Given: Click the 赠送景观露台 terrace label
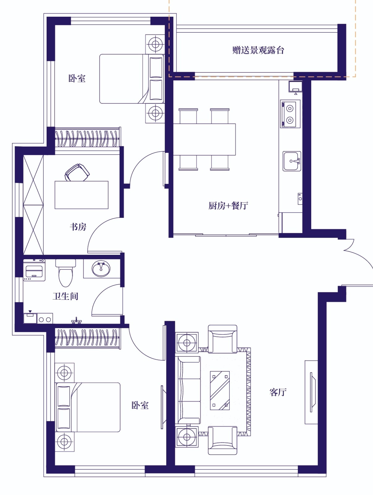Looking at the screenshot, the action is pyautogui.click(x=258, y=50).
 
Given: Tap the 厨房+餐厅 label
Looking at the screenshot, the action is pyautogui.click(x=228, y=206).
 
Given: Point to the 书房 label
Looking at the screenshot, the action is pyautogui.click(x=78, y=227).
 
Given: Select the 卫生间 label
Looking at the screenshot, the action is pyautogui.click(x=65, y=296).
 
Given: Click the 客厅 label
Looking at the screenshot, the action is pyautogui.click(x=278, y=392).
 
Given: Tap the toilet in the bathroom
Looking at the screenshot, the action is pyautogui.click(x=66, y=273).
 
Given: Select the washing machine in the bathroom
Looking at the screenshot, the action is pyautogui.click(x=34, y=270).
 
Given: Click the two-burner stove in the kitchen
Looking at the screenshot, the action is pyautogui.click(x=290, y=114).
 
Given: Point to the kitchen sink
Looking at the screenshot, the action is pyautogui.click(x=292, y=161).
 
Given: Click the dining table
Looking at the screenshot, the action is pyautogui.click(x=204, y=139).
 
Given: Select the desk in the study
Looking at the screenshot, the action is pyautogui.click(x=82, y=195).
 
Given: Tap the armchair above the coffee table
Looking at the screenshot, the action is pyautogui.click(x=223, y=339).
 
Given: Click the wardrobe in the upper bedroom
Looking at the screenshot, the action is pyautogui.click(x=87, y=137).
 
